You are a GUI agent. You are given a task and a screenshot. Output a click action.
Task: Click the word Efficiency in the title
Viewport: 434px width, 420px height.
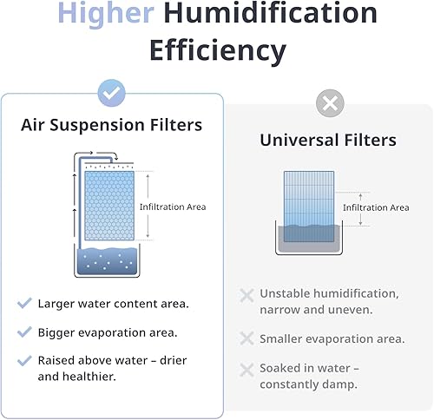[x=217, y=50]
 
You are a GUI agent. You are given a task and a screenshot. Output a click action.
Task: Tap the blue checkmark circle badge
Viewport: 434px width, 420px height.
[x=112, y=92]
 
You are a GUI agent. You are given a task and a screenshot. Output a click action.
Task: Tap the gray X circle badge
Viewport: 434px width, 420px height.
[x=329, y=104]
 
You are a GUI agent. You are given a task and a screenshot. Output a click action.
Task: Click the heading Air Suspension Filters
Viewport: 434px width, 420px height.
[x=112, y=125]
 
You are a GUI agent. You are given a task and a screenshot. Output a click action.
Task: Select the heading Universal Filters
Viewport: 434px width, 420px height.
[x=329, y=140]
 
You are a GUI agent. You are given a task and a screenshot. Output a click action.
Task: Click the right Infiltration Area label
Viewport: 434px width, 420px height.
[x=375, y=207]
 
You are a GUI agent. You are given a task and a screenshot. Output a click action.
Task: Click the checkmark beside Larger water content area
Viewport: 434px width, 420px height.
[x=24, y=304]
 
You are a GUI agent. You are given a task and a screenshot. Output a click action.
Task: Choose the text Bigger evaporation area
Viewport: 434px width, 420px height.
[x=108, y=332]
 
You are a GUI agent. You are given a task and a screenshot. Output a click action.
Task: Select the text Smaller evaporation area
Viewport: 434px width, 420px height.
[x=332, y=338]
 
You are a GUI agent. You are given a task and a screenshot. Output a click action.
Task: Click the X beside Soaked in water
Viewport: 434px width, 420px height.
[x=247, y=369]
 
